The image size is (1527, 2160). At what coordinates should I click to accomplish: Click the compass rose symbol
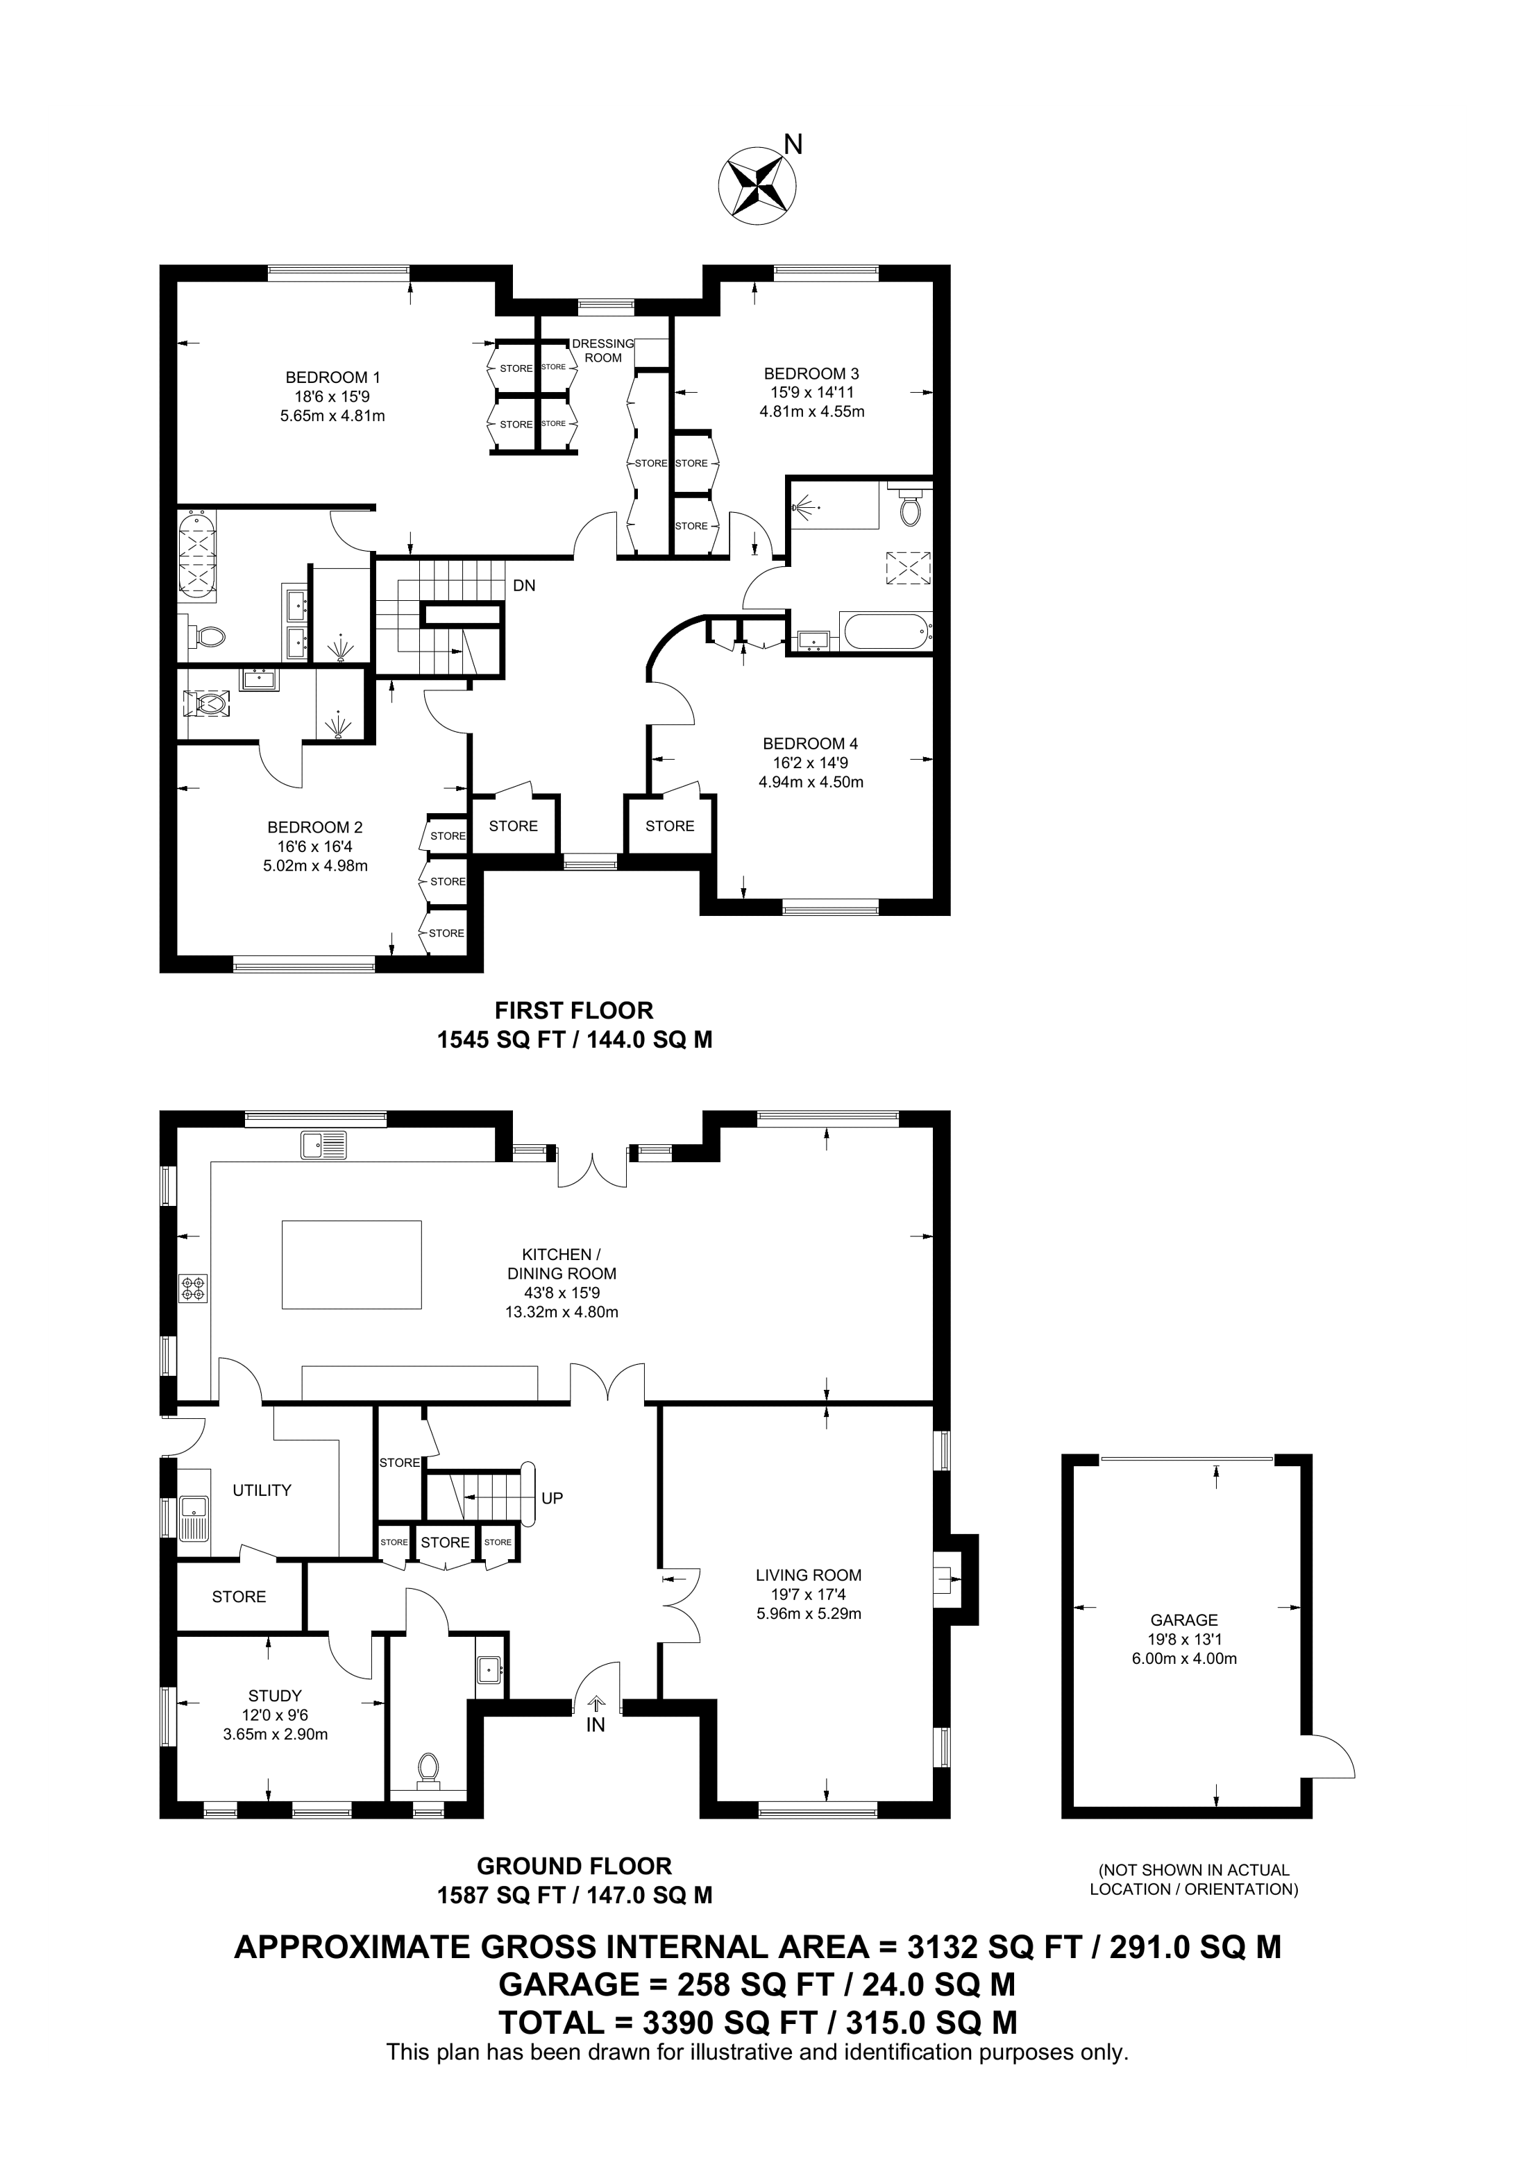point(759,185)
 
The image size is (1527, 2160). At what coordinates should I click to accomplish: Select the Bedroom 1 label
point(333,377)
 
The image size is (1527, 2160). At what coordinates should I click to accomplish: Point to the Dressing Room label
point(603,351)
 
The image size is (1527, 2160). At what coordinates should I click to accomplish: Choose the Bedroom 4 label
point(810,744)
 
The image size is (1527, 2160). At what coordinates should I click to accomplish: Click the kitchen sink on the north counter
point(323,1145)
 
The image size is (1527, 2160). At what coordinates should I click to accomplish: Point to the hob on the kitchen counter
point(195,1288)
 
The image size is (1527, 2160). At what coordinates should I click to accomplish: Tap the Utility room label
point(262,1490)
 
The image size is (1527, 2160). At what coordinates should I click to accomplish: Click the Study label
point(275,1697)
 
